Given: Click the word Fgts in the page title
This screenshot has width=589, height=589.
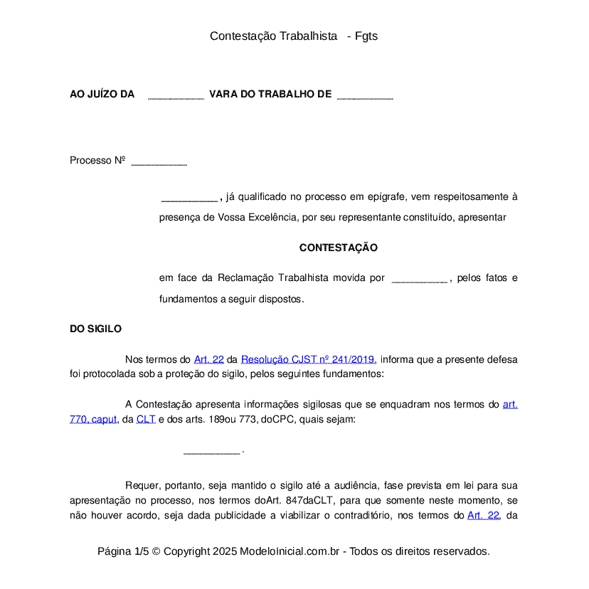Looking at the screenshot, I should [x=366, y=36].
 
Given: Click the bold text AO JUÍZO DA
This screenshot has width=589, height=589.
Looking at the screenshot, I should [x=102, y=94].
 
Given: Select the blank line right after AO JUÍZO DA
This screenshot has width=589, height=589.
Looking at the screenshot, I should [x=176, y=95].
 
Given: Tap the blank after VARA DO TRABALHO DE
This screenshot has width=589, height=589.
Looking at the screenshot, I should [x=364, y=95].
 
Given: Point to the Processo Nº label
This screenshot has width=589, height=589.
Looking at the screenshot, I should [x=97, y=160].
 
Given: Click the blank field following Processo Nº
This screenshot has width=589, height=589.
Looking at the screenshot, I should [x=159, y=162].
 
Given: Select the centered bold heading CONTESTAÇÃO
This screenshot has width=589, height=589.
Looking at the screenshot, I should [x=338, y=248].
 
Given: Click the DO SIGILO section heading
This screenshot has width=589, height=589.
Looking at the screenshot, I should [x=95, y=329].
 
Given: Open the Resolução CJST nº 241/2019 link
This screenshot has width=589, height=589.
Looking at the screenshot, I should [x=307, y=359].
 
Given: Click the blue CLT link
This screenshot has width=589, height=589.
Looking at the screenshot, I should [x=146, y=419].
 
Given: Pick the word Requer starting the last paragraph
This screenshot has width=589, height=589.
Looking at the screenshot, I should [x=142, y=486].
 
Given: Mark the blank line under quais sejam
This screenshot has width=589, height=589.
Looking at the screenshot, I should [x=211, y=451].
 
